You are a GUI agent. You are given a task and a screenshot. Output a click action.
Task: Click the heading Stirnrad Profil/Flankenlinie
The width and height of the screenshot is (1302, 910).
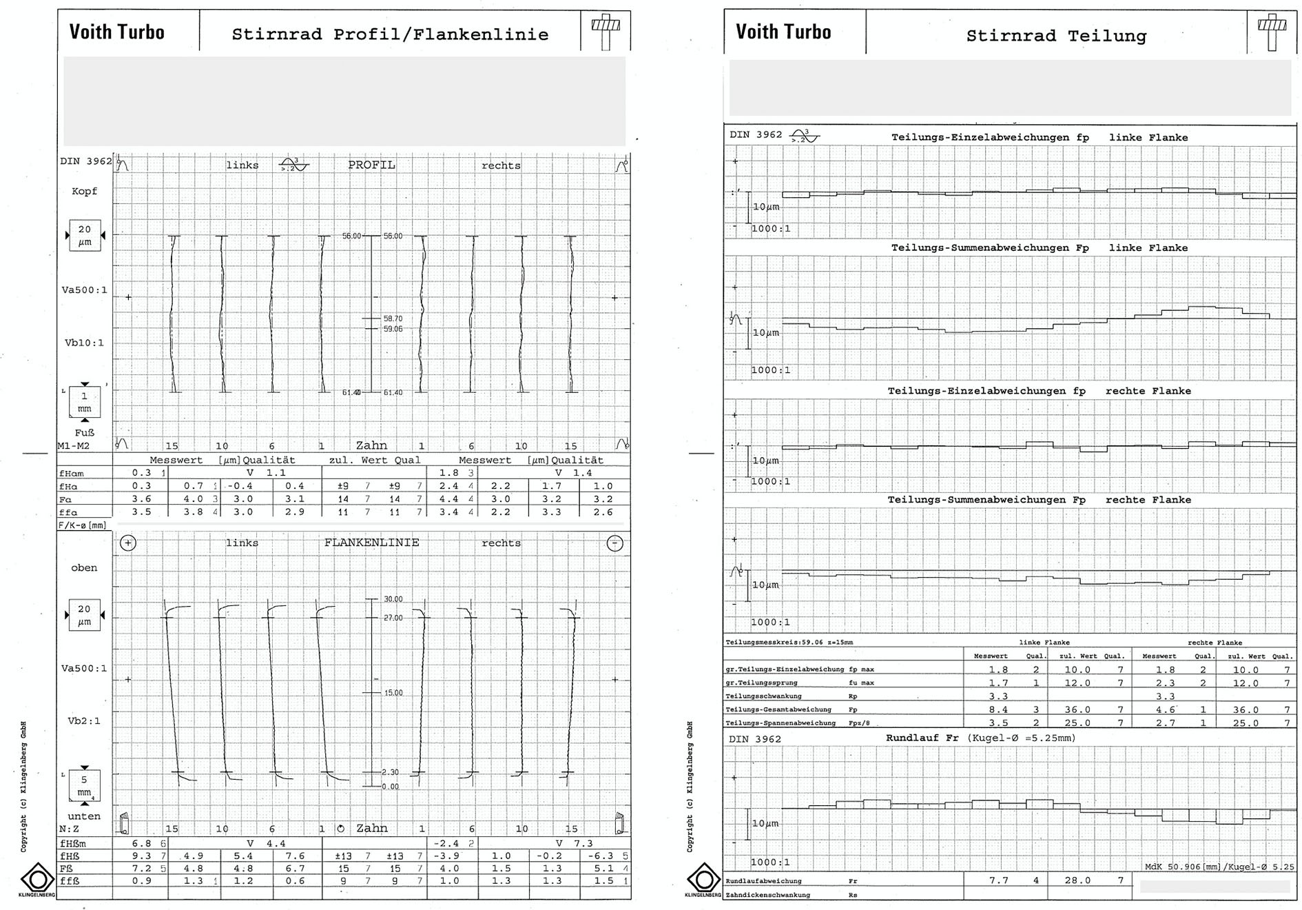(390, 34)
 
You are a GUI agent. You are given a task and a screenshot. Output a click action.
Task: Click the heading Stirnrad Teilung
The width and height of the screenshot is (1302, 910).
(1056, 36)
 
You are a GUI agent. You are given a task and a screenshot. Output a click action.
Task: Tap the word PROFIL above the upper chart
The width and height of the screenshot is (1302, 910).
(371, 165)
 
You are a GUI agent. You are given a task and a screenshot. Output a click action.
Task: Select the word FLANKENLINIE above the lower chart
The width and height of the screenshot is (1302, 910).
(371, 543)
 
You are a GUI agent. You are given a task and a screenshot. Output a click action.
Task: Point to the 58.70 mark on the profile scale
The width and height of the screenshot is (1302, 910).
(393, 318)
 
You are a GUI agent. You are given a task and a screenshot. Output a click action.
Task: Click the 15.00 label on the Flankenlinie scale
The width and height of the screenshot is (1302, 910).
(393, 693)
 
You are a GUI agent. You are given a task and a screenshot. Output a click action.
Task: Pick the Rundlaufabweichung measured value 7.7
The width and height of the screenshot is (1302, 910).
(998, 880)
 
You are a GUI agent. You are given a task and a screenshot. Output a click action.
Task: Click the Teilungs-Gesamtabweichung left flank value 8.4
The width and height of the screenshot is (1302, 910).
(998, 709)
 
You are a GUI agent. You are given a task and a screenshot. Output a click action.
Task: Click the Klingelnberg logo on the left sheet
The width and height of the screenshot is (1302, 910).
(38, 879)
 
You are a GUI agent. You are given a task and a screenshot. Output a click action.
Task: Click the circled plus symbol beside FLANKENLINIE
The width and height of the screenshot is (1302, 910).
(128, 543)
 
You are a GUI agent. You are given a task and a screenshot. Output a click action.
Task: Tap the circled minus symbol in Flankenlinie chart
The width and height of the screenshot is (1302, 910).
(614, 543)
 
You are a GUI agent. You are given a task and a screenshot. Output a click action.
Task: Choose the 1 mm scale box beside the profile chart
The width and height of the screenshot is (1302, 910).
(85, 402)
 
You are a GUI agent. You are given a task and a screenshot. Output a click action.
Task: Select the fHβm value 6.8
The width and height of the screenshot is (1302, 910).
(141, 843)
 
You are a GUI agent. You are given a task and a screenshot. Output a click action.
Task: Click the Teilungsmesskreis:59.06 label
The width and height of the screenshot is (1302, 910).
(789, 643)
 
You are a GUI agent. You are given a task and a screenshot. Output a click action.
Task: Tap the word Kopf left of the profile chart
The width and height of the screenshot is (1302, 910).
(85, 191)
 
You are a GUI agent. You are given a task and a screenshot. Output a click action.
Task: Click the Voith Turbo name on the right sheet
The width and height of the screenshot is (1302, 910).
(783, 32)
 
